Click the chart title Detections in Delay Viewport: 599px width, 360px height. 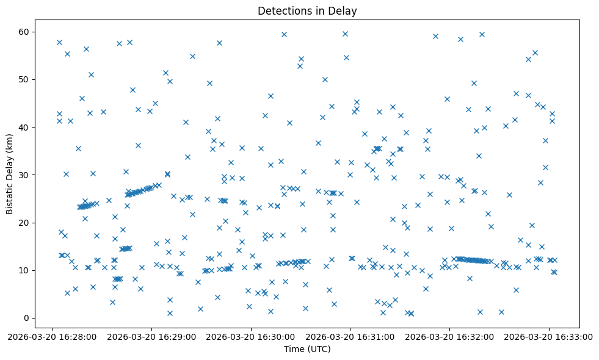307,10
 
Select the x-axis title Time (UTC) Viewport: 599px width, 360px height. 307,349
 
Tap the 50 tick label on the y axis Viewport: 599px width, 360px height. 25,79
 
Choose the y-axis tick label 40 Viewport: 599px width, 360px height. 25,127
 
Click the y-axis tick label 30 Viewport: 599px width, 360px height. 25,175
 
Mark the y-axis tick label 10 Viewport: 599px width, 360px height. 25,270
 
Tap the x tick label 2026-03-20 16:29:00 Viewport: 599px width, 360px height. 152,336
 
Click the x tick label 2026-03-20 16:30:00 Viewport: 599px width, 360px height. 252,336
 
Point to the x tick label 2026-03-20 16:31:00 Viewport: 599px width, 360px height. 350,336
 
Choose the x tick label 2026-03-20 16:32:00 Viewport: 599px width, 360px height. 450,336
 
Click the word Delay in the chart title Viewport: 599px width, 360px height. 345,10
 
